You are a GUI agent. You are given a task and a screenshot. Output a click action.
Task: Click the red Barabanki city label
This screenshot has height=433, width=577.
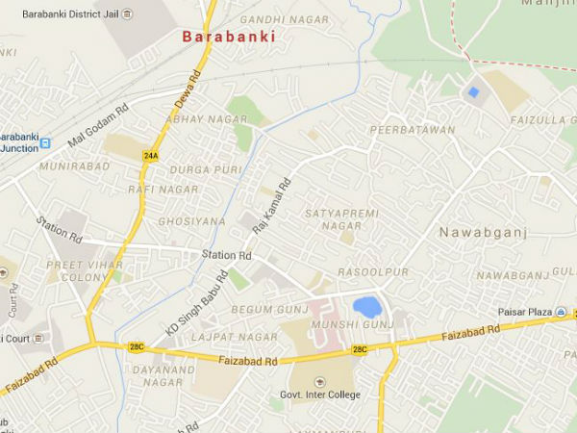point(229,37)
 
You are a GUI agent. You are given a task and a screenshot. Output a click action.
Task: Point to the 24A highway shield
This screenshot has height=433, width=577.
point(150,155)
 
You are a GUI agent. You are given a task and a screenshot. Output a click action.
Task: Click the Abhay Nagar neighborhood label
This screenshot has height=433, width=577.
point(207,119)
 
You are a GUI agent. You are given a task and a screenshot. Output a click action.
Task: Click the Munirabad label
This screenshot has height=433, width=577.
point(67,166)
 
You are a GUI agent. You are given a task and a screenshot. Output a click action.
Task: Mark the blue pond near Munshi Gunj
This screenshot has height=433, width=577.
point(366,307)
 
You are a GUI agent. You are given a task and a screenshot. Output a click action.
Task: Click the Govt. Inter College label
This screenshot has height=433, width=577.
point(322,395)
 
